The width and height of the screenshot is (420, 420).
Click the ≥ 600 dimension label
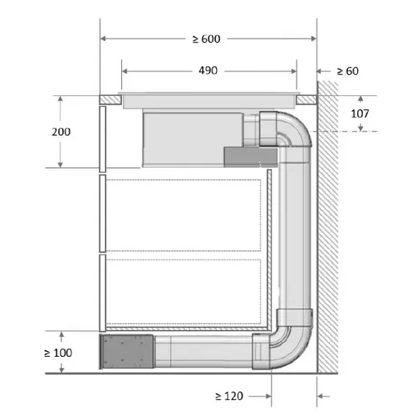207,39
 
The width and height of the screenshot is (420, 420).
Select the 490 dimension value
207,71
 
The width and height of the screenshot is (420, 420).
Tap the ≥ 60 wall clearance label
348,71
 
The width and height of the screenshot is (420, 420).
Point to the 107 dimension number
360,113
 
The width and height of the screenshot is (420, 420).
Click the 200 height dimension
61,132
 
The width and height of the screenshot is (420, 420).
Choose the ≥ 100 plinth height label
58,353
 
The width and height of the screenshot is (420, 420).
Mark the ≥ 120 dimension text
229,396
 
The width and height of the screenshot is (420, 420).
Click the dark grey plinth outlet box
128,352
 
